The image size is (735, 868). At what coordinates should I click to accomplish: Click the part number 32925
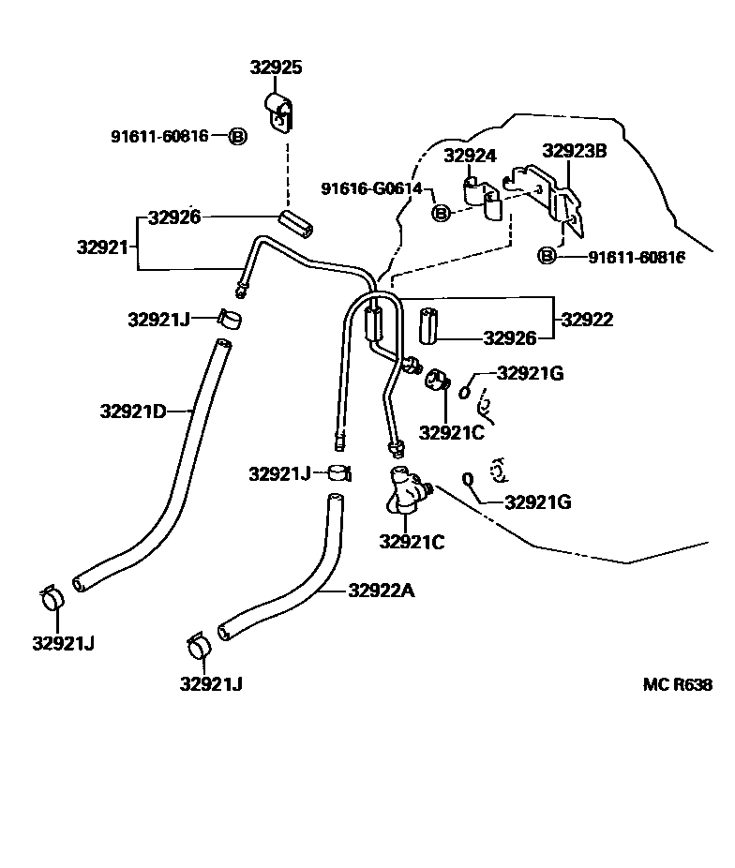(x=276, y=67)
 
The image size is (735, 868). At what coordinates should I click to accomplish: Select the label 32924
(x=470, y=156)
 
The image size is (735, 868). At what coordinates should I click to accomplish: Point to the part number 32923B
(x=575, y=150)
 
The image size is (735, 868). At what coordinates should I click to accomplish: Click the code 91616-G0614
(x=371, y=188)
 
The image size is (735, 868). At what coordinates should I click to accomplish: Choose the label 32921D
(x=133, y=411)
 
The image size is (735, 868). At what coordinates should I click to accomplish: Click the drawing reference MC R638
(x=677, y=684)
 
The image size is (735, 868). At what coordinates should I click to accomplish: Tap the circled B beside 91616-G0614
(x=442, y=213)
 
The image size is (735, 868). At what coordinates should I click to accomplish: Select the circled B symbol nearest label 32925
(x=237, y=136)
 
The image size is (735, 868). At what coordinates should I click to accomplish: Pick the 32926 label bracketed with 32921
(x=174, y=218)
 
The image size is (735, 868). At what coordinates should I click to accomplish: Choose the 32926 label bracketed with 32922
(x=510, y=338)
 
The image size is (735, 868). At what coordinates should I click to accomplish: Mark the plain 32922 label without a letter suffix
(x=587, y=320)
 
